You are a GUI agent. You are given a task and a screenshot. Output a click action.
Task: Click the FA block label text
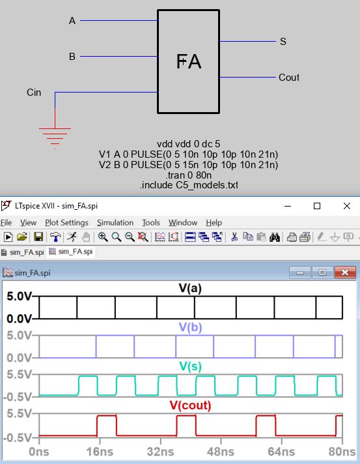(189, 61)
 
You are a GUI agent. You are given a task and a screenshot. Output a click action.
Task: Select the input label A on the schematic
(72, 21)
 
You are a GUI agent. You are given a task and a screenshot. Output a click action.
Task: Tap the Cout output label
(289, 78)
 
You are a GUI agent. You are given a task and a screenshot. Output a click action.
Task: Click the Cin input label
(34, 93)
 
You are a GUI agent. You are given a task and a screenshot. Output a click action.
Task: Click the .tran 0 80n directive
(189, 175)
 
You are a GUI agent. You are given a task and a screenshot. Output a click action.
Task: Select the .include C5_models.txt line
(189, 185)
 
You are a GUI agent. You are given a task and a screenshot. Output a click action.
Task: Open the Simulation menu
(115, 222)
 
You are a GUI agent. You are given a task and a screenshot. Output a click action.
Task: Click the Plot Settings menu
(66, 222)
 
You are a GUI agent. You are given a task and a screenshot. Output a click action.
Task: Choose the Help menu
(214, 222)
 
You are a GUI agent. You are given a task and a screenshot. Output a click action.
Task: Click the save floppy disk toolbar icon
(38, 237)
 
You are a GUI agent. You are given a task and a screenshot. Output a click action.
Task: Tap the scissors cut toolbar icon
(234, 237)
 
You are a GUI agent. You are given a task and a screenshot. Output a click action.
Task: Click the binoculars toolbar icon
(275, 237)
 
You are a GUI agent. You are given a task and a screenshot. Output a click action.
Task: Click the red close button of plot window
(345, 272)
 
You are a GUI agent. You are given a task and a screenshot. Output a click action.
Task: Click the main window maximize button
(317, 206)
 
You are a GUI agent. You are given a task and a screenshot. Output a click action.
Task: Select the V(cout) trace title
(190, 405)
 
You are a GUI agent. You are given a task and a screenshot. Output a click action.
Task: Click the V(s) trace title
(190, 366)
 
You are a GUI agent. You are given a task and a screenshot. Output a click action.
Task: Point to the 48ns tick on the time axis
(221, 441)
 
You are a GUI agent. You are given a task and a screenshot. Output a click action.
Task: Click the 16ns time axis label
(100, 452)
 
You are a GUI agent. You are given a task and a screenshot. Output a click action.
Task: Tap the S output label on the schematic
(283, 42)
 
